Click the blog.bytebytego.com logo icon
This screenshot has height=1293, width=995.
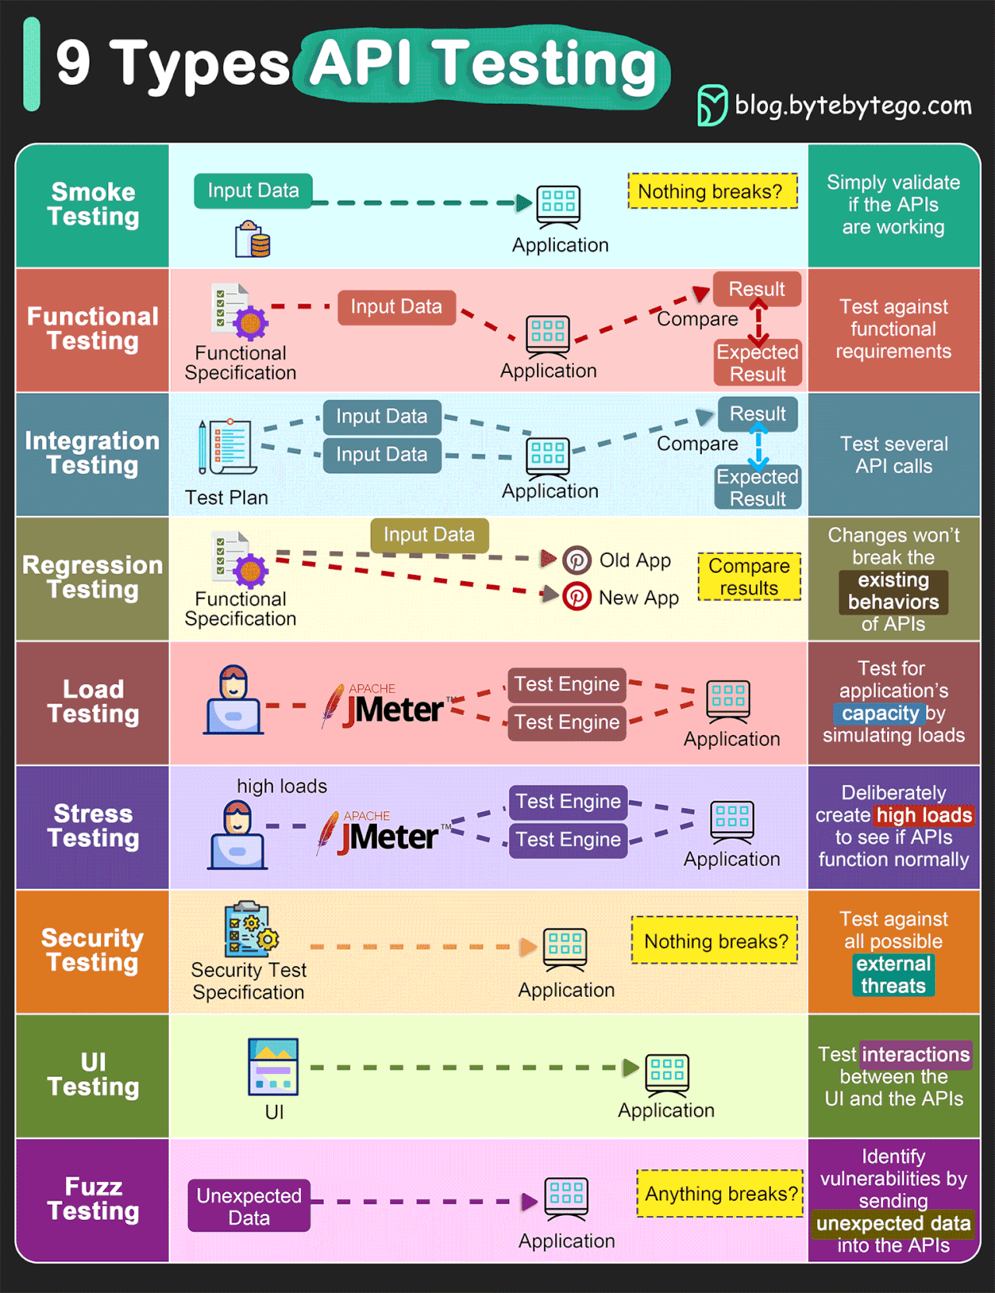tap(712, 105)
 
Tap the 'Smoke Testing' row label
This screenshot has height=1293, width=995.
tap(93, 204)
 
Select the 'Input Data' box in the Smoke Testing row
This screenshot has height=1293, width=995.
tap(253, 190)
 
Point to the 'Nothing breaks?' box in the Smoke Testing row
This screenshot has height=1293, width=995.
tap(713, 191)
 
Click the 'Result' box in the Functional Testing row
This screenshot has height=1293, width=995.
tap(757, 289)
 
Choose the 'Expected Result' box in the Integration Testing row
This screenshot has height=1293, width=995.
tap(758, 487)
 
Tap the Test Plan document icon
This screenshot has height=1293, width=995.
tap(228, 447)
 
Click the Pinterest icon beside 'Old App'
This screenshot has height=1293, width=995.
tap(577, 559)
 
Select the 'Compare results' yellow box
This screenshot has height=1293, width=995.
tap(749, 577)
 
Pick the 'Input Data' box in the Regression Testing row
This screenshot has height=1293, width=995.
tap(429, 535)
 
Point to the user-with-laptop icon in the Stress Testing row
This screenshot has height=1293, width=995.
tap(238, 835)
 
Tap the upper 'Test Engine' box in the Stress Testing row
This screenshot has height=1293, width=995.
tap(568, 801)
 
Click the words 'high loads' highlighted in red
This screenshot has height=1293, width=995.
tap(924, 815)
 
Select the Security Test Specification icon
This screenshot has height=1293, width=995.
tap(250, 929)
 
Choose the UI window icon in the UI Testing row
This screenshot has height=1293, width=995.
tap(274, 1066)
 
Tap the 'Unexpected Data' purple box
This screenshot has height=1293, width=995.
tap(249, 1206)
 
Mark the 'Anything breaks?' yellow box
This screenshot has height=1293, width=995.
tap(721, 1194)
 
